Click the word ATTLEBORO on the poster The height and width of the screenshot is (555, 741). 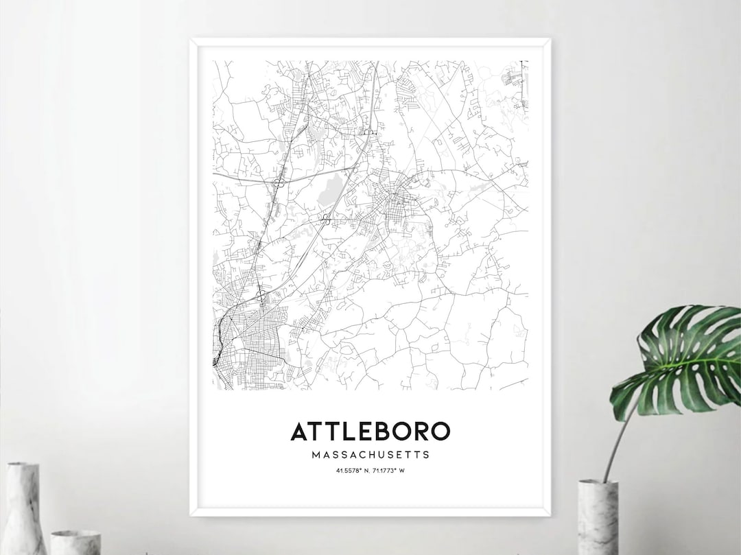(370, 431)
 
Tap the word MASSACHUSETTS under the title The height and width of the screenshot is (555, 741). (370, 454)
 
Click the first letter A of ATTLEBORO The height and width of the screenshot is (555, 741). (299, 431)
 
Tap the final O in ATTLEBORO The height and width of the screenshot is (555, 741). (440, 431)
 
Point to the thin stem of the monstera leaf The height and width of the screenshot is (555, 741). (613, 446)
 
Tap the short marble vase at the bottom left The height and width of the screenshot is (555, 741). (75, 542)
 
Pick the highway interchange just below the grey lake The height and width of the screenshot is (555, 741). (326, 220)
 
